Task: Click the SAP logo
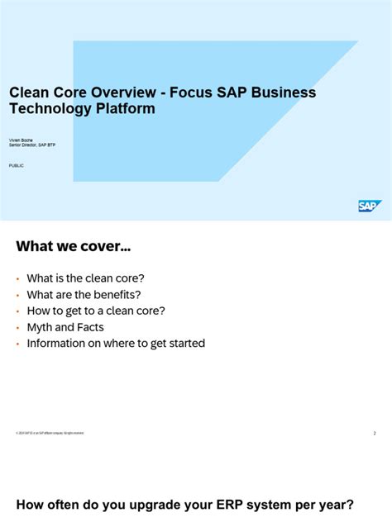(370, 206)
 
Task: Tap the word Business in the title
(282, 93)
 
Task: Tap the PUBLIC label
(17, 166)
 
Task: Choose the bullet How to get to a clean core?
(96, 311)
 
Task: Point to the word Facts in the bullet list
(88, 327)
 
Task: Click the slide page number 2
(374, 433)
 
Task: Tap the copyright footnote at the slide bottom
(50, 433)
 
